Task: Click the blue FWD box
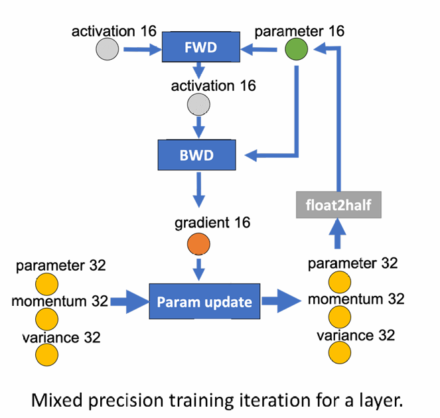coord(201,46)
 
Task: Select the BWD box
coord(196,155)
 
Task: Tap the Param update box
coord(204,301)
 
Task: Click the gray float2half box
coord(338,205)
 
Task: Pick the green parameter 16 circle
coord(297,49)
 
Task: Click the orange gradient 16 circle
coord(198,244)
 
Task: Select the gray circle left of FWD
coord(108,49)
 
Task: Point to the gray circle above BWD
coord(198,104)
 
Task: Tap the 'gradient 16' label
coord(212,223)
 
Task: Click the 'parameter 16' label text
coord(299,31)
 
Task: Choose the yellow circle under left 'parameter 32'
coord(46,284)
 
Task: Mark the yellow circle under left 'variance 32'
coord(46,354)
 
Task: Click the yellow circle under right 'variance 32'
coord(340,352)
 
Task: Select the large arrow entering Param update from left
coord(129,302)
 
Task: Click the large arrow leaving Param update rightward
coord(281,301)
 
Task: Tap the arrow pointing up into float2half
coord(338,234)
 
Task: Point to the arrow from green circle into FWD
coord(259,50)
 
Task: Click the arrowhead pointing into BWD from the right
coord(251,155)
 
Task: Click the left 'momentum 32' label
coord(60,301)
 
